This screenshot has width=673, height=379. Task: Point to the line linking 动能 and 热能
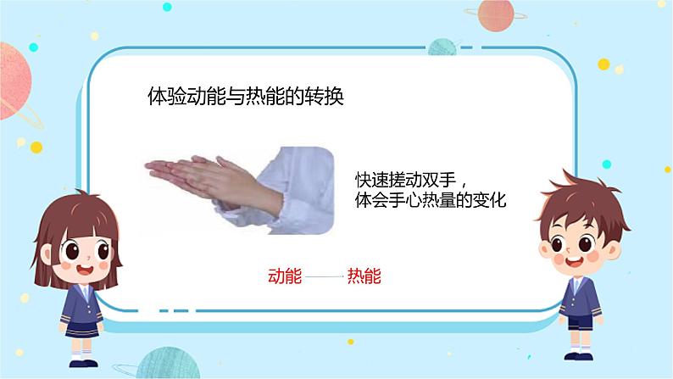coord(324,276)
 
